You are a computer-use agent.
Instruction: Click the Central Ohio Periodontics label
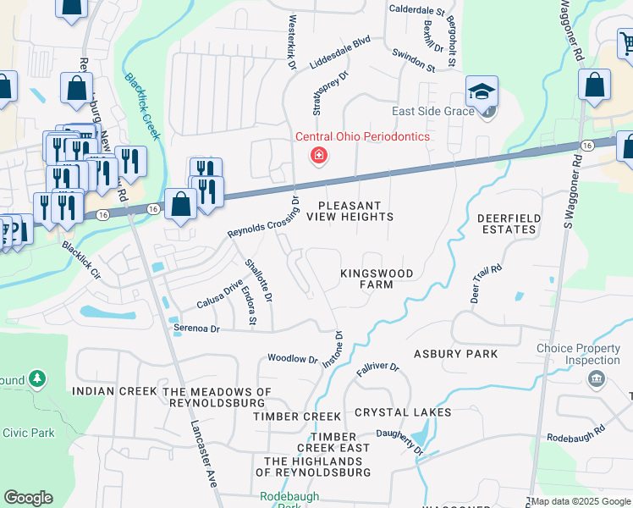(362, 136)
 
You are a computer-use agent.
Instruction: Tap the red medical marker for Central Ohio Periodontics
(318, 155)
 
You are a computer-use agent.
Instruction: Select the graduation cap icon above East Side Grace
(482, 91)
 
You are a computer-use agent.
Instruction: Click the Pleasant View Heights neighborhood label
(350, 211)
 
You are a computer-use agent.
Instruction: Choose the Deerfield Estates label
(509, 224)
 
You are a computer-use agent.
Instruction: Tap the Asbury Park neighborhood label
(455, 353)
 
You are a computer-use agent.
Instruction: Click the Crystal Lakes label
(403, 412)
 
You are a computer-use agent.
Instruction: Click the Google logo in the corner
(29, 498)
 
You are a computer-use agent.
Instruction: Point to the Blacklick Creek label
(142, 106)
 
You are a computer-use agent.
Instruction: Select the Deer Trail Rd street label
(487, 284)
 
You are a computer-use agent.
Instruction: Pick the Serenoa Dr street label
(196, 328)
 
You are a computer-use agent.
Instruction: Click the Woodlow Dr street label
(292, 359)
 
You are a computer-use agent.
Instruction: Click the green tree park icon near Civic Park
(37, 378)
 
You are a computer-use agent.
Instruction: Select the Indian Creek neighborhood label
(114, 391)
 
